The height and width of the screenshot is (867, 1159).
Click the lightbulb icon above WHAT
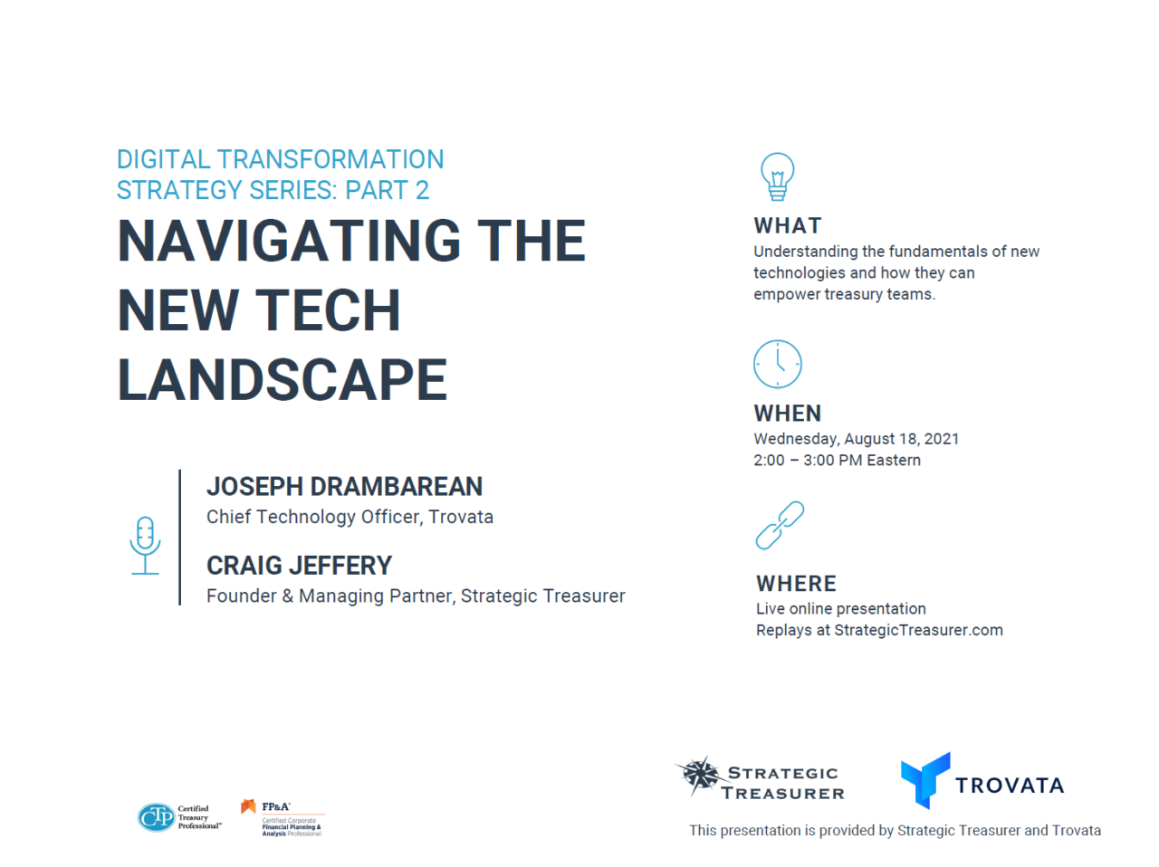click(x=777, y=176)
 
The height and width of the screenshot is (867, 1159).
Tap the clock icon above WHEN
click(x=777, y=364)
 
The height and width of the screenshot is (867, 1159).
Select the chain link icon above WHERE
click(x=780, y=526)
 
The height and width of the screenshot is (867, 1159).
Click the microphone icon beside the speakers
click(x=145, y=545)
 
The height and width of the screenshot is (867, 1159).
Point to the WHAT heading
click(x=788, y=225)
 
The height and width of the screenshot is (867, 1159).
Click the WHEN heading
click(x=787, y=414)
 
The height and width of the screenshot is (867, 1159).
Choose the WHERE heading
click(x=796, y=584)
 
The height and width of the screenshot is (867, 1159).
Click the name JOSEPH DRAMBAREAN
click(x=344, y=487)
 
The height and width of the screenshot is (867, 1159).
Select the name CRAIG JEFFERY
click(x=299, y=566)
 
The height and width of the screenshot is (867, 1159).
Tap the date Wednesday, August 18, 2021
click(x=856, y=439)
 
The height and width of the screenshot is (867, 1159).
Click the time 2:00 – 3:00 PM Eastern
click(x=837, y=461)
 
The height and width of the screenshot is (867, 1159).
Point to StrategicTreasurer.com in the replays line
click(x=918, y=631)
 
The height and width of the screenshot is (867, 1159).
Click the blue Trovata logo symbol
click(x=924, y=779)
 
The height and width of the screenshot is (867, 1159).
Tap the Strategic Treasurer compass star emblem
click(x=699, y=776)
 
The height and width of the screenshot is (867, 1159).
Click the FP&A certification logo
click(x=282, y=818)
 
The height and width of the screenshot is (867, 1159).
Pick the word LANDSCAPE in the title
click(x=283, y=379)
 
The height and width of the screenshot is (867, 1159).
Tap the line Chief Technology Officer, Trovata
click(x=350, y=517)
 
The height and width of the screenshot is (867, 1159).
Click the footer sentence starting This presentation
click(x=895, y=831)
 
